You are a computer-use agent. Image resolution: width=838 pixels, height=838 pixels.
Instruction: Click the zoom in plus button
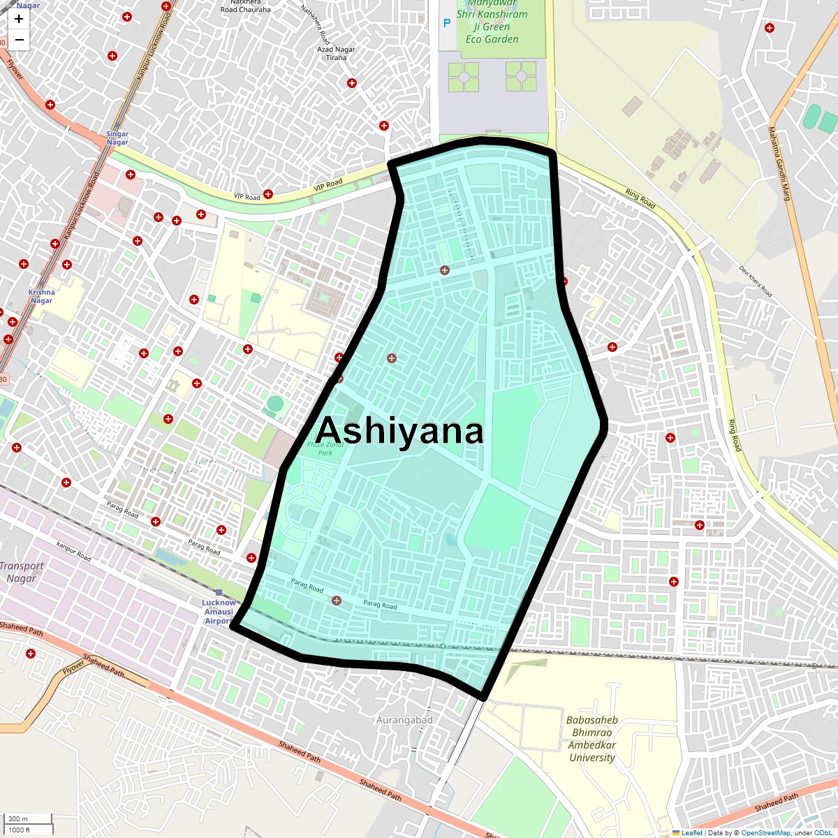pos(19,19)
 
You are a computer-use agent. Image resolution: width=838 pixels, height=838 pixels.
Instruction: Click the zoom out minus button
pos(19,40)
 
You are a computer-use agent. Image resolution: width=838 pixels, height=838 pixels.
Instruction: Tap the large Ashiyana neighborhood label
pos(399,431)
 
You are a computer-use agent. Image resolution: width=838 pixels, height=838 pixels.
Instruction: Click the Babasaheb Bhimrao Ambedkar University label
pos(592,738)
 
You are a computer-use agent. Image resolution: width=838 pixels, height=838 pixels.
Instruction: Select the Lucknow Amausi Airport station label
pos(219,612)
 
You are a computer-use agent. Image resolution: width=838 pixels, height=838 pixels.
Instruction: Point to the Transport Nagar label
pos(22,572)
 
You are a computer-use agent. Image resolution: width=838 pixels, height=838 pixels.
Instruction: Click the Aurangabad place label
pos(404,720)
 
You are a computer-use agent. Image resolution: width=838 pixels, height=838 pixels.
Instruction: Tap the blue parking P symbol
pos(447,24)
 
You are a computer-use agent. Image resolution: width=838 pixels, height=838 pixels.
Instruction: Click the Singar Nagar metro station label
pos(117,138)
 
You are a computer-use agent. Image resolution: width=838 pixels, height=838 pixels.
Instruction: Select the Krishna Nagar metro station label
pos(41,296)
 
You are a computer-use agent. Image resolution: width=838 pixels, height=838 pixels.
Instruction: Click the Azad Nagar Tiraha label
pos(336,53)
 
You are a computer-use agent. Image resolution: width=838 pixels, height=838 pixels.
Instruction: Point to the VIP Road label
pos(328,184)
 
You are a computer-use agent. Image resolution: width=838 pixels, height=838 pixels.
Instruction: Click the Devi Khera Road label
pos(756,281)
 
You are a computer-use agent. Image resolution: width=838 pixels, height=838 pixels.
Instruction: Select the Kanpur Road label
pos(74,552)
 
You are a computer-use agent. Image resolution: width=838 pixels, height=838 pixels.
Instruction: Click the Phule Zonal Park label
pos(325,448)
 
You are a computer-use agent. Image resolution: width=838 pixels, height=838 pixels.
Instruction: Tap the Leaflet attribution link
pos(691,832)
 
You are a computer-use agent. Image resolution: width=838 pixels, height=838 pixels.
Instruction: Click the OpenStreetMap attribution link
pos(765,832)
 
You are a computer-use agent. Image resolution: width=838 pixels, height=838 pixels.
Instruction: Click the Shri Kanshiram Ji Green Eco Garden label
pos(492,27)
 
